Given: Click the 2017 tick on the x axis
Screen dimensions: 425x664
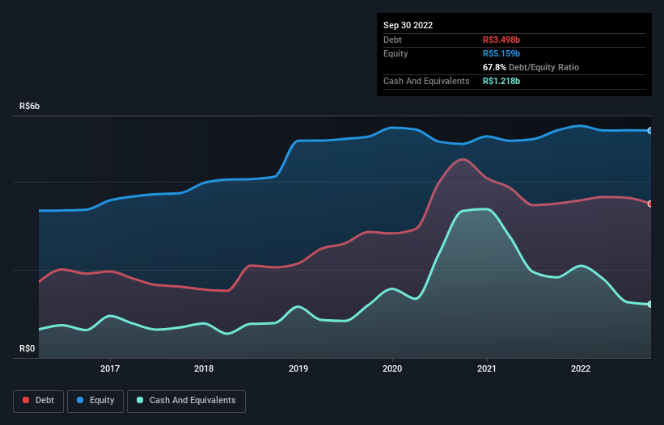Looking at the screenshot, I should (x=110, y=369).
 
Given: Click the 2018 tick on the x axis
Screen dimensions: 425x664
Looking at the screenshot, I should (x=205, y=369).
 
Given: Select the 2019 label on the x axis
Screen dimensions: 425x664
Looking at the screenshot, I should (x=298, y=369).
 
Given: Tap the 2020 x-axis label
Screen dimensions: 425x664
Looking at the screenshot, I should (x=392, y=369).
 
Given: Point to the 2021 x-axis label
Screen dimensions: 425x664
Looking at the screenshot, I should (x=486, y=369).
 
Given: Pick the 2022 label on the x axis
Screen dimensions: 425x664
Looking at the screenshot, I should (x=580, y=369).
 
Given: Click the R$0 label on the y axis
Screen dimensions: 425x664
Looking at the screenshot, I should (x=27, y=349).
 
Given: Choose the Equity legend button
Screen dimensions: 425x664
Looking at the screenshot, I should (x=95, y=400).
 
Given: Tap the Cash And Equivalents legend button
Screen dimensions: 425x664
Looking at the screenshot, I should (x=186, y=400).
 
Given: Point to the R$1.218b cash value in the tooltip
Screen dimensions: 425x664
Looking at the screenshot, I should (x=502, y=81).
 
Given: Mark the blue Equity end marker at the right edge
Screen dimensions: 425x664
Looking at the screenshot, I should (x=650, y=130).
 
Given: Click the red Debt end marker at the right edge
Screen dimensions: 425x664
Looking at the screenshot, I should (x=650, y=204).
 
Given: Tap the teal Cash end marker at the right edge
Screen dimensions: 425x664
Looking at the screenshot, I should (x=650, y=305).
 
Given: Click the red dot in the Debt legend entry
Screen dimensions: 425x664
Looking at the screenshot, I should (x=26, y=401).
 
